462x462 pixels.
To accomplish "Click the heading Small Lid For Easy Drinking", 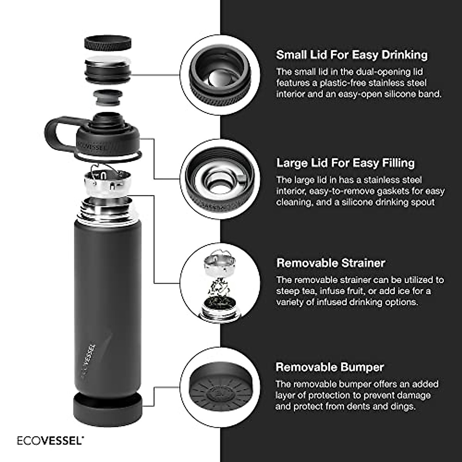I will [x=352, y=55].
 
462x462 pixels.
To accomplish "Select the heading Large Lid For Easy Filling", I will [x=345, y=163].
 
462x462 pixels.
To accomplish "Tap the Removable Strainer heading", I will [x=331, y=263].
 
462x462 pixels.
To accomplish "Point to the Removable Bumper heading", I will [x=330, y=367].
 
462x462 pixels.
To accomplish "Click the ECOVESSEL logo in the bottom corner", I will [x=50, y=440].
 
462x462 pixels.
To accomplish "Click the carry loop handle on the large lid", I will [x=58, y=133].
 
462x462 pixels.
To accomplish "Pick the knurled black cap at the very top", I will [x=108, y=43].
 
